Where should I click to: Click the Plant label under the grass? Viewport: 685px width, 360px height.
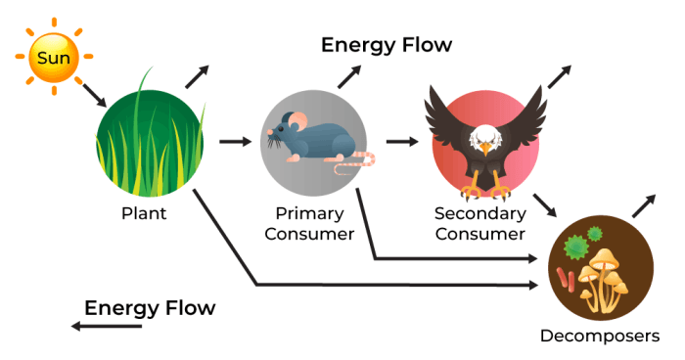click(144, 213)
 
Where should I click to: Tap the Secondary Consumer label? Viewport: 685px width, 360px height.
click(479, 223)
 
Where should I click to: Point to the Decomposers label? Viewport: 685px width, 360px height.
click(600, 337)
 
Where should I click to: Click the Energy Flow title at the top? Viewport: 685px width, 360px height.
click(387, 45)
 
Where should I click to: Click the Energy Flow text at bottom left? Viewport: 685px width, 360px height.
click(150, 308)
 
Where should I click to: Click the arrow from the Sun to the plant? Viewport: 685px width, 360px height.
click(95, 95)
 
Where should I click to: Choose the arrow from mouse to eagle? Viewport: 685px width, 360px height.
click(401, 141)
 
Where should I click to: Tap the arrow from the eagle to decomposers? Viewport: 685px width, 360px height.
click(543, 204)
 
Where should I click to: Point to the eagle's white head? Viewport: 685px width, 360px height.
click(486, 138)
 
